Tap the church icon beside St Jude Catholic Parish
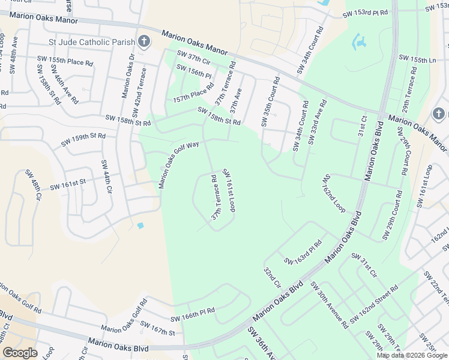(x=143, y=41)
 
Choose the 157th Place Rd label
(x=193, y=93)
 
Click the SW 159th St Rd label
(x=83, y=140)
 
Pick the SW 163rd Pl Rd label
(x=304, y=253)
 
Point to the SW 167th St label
(x=157, y=328)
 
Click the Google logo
(x=20, y=353)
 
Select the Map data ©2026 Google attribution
(x=411, y=355)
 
